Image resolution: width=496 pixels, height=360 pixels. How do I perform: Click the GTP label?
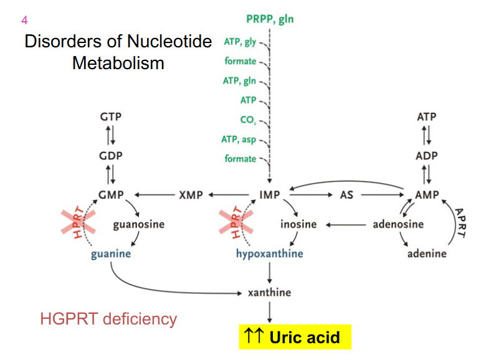110,117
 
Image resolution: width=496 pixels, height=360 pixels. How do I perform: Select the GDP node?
110,156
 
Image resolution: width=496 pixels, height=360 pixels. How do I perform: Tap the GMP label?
110,195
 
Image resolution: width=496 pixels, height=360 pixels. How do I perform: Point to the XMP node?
191,195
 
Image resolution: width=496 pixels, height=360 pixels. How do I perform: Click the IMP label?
269,195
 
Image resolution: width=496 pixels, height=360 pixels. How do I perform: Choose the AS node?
346,195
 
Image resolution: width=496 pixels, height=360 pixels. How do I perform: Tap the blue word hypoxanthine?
269,253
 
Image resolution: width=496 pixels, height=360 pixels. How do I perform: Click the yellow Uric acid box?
294,338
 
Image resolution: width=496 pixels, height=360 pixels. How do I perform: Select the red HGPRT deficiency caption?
108,320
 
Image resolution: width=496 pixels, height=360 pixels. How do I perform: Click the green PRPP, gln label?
269,19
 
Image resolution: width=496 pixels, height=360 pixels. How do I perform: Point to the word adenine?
427,253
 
